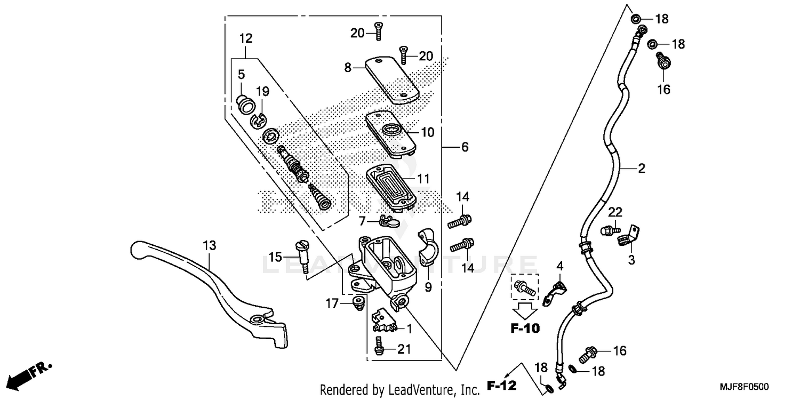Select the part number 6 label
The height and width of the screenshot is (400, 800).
click(x=465, y=147)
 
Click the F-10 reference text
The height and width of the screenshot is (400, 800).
click(x=525, y=329)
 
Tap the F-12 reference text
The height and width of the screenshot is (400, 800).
click(x=502, y=386)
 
